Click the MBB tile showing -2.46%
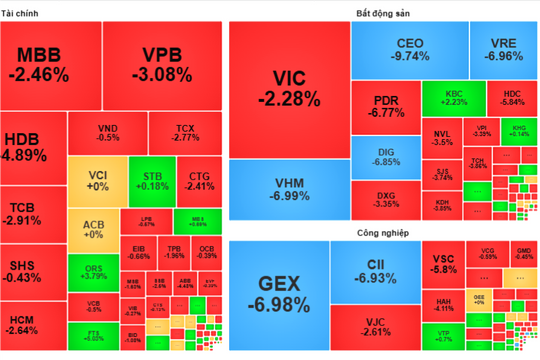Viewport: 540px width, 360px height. pos(50,63)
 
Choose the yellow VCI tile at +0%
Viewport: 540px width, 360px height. pos(98,180)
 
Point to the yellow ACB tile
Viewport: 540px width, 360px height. pos(92,229)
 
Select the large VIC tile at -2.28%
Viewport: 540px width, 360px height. pos(288,89)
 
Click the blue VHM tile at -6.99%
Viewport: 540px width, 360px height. pos(288,187)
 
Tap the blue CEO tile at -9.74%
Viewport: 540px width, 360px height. pos(411,50)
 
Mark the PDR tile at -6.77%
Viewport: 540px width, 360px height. pos(386,106)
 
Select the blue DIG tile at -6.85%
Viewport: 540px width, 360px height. pos(386,156)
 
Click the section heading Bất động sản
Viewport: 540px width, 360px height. pos(383,13)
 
